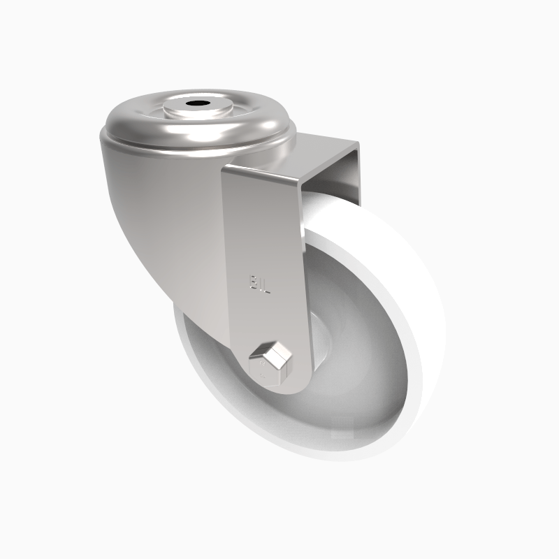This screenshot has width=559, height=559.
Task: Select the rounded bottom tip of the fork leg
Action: pyautogui.click(x=279, y=388)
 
